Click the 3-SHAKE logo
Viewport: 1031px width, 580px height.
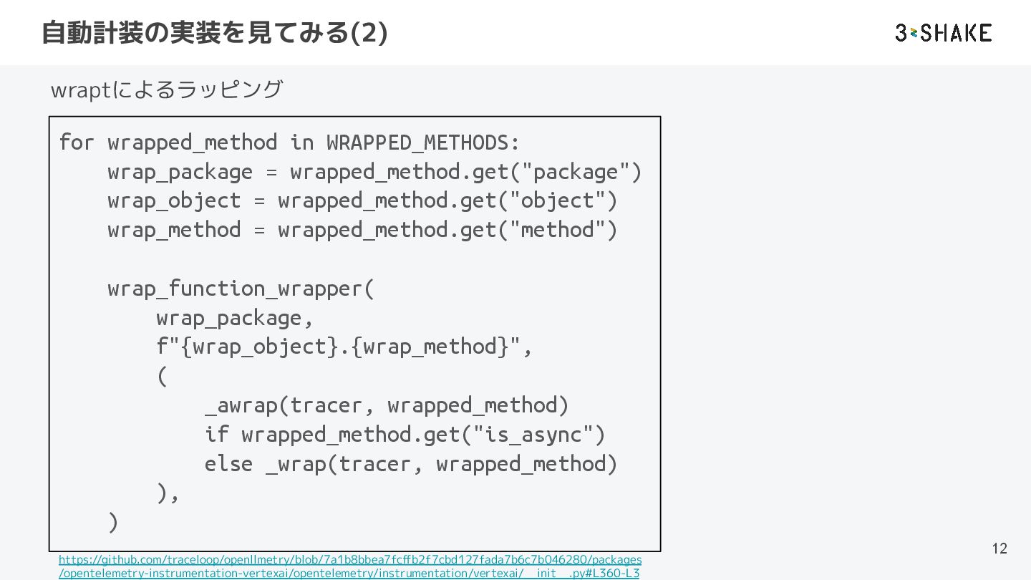pos(943,33)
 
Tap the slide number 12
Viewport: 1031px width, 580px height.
pos(999,548)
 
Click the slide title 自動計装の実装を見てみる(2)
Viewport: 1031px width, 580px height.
pos(215,33)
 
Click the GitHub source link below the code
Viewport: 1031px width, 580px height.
pos(349,566)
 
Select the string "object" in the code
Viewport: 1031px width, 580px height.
pos(557,200)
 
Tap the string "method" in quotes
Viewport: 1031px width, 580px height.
pos(557,230)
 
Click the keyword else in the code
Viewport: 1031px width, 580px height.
pos(228,464)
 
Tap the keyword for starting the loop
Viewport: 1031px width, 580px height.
pos(77,142)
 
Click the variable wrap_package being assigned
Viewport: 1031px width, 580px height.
pos(180,172)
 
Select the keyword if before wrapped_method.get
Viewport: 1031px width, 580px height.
pos(216,435)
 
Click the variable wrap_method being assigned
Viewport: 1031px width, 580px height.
pos(174,230)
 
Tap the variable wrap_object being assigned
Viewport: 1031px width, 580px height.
pos(174,200)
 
